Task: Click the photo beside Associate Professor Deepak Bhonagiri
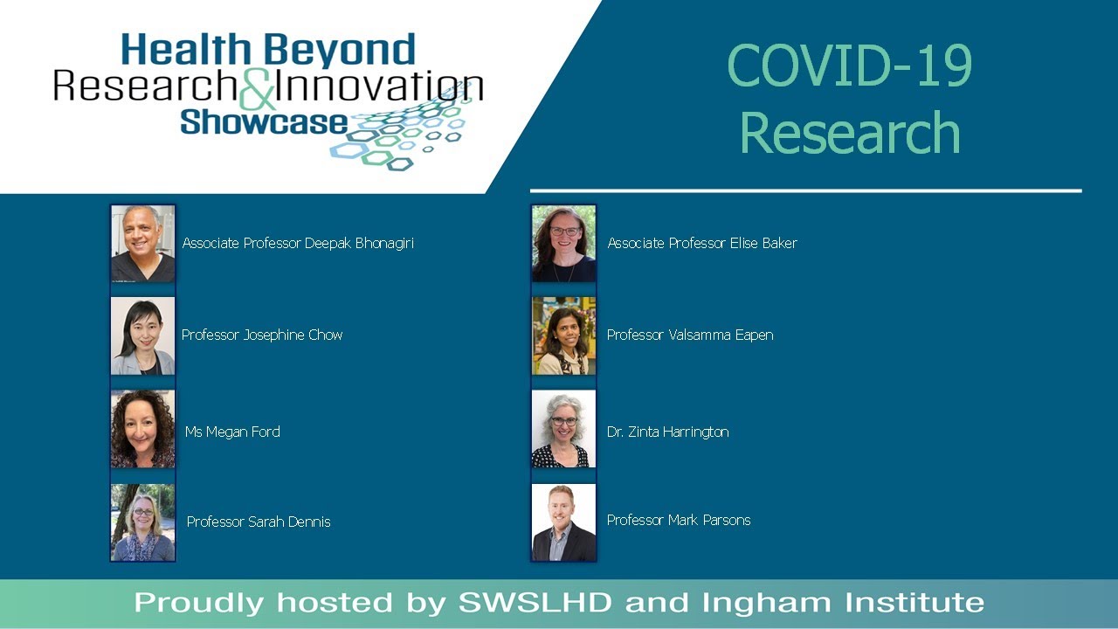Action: point(143,244)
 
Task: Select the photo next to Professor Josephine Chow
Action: point(143,336)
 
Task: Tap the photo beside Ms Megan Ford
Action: point(143,429)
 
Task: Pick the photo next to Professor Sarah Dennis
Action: point(143,522)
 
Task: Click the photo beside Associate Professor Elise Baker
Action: point(564,244)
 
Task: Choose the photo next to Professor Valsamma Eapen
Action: point(564,336)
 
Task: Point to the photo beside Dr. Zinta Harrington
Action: point(564,429)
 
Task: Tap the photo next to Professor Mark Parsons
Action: point(564,522)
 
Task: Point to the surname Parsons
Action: point(725,521)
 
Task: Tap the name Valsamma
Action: point(700,335)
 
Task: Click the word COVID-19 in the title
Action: point(849,66)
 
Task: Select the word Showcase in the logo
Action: point(264,121)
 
